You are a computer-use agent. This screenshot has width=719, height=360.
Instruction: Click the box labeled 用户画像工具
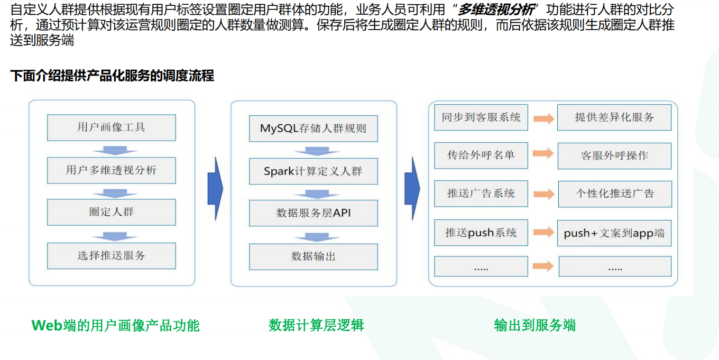(111, 127)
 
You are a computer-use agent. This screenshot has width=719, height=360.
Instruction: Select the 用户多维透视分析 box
(111, 170)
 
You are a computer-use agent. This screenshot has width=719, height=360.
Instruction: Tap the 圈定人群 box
(111, 212)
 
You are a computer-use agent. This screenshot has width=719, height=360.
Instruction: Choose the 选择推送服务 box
(111, 256)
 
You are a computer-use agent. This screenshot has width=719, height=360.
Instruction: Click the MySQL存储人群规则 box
(313, 128)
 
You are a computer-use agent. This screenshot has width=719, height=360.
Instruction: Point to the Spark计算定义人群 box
(313, 171)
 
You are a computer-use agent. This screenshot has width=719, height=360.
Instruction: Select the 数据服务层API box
(313, 213)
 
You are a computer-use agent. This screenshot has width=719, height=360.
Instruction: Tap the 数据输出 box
(313, 256)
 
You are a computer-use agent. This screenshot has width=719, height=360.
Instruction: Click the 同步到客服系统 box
(481, 117)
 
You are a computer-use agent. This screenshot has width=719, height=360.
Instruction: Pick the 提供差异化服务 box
(614, 117)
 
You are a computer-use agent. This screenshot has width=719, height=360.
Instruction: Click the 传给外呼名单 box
(481, 155)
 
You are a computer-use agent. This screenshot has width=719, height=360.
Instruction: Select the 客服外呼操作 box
(614, 156)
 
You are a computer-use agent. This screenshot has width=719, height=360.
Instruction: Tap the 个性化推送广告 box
(614, 193)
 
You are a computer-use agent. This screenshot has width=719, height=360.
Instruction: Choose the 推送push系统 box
(481, 233)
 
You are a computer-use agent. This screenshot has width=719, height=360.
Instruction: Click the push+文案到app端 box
(614, 233)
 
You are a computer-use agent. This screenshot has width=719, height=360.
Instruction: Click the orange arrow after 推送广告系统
(543, 193)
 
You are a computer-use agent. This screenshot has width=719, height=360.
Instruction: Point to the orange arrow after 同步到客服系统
(543, 118)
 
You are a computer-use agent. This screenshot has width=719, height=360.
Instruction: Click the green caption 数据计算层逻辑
(316, 325)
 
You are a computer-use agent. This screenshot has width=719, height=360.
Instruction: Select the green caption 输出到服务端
(534, 325)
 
